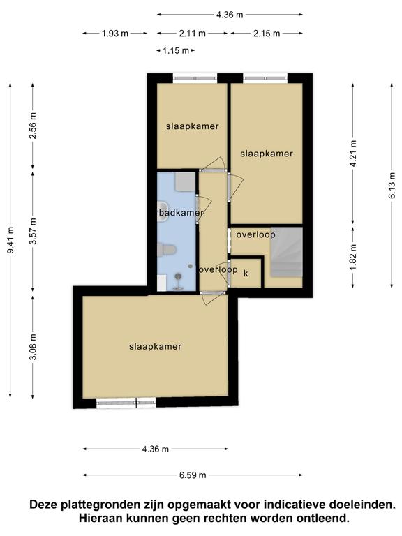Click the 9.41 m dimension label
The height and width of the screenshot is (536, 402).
click(x=10, y=240)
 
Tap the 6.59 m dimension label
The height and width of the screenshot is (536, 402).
click(x=193, y=475)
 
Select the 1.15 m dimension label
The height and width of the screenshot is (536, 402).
click(x=176, y=51)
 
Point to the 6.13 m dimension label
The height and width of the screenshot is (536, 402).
click(x=392, y=185)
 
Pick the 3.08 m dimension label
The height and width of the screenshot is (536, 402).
click(x=33, y=348)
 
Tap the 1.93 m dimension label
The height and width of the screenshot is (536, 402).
click(x=115, y=33)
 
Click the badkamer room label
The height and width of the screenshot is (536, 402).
click(x=181, y=213)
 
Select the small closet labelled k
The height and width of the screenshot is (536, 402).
click(x=246, y=274)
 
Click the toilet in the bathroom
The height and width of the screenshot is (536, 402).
click(x=167, y=249)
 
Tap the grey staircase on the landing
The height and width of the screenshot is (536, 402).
click(x=287, y=252)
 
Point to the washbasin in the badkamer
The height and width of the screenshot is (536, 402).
click(x=163, y=211)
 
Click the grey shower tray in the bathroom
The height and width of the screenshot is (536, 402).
click(x=185, y=181)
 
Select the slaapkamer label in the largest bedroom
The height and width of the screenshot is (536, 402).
click(x=155, y=347)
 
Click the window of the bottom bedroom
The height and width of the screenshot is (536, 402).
click(x=126, y=403)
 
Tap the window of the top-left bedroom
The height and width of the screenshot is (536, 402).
click(x=195, y=78)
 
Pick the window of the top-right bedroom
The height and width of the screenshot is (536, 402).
click(x=265, y=78)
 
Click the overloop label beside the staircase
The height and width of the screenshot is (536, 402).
click(x=255, y=234)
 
